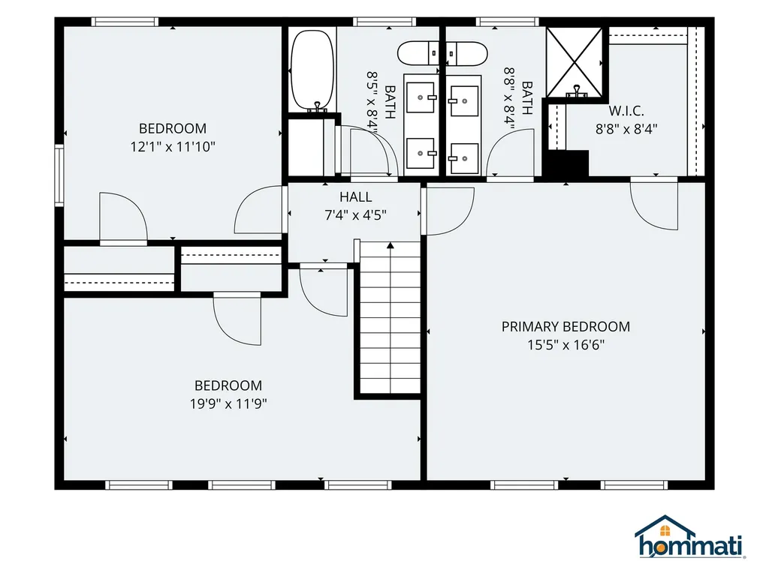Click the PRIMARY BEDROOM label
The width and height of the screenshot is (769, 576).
[565, 327]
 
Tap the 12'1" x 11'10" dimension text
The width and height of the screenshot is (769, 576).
[173, 146]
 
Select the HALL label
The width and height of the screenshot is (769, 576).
[355, 197]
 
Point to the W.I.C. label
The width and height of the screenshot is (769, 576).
[626, 111]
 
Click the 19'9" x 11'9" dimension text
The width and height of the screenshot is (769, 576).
[228, 403]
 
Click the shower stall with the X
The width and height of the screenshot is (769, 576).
[574, 62]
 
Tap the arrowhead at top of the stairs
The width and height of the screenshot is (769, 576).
[391, 245]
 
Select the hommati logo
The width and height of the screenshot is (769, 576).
[689, 537]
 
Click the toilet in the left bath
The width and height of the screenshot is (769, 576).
[418, 53]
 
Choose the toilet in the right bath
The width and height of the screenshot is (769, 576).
[466, 53]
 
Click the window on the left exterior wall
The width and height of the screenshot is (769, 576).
[59, 175]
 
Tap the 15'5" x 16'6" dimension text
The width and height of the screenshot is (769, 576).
[565, 345]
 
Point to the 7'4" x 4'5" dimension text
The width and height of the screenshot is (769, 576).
[355, 215]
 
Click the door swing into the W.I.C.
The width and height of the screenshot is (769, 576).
[654, 203]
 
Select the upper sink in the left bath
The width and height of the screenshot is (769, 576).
[421, 97]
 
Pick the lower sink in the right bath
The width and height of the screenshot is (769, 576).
[464, 159]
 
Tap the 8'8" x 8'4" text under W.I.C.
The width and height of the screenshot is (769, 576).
[626, 129]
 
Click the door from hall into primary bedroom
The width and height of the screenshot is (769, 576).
[448, 211]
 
